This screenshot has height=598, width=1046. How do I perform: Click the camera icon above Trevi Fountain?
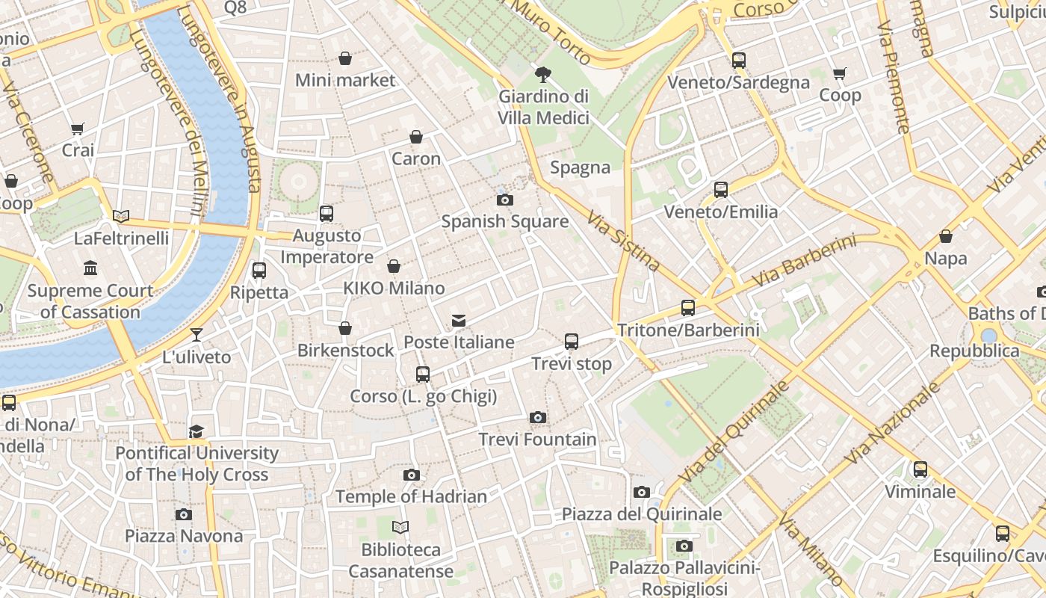point(537,417)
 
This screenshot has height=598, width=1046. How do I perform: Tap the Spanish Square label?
point(504,221)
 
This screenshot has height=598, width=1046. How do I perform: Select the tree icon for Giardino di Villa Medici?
point(543,74)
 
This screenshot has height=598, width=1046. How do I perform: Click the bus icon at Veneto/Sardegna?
point(739,61)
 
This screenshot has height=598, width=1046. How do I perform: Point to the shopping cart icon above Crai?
point(78,129)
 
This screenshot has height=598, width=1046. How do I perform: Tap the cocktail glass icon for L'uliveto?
point(196,335)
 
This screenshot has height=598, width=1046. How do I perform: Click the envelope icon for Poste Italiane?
point(459,321)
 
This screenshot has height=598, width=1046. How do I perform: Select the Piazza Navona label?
point(184,536)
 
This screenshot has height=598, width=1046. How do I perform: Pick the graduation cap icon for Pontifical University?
point(196,431)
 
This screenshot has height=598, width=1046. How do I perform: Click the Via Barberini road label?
point(804,262)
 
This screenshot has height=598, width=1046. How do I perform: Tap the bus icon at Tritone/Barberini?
point(688,308)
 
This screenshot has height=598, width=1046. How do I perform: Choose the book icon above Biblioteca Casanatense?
point(400,528)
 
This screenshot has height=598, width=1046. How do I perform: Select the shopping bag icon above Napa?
point(946,237)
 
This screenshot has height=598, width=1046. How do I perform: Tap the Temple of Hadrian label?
point(411,496)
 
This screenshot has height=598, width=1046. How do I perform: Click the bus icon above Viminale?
point(920,469)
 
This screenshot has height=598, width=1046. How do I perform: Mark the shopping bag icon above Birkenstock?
point(345,328)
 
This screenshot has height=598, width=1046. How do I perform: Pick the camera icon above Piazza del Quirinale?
point(642,492)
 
